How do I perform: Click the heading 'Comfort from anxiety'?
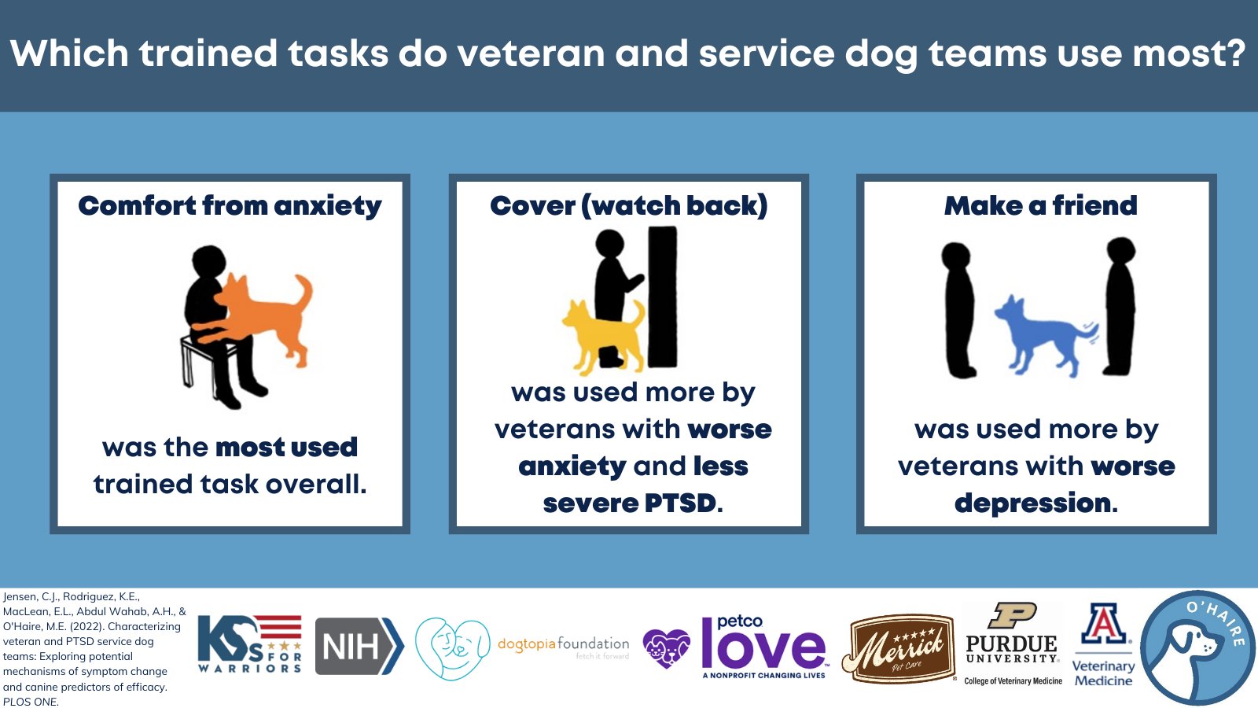(x=230, y=206)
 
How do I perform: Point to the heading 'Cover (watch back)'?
(x=628, y=206)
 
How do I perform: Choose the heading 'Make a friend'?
(x=1041, y=205)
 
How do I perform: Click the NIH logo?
(x=359, y=646)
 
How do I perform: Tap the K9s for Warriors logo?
(x=250, y=644)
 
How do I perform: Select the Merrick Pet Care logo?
(x=899, y=648)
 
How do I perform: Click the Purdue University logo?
(x=1013, y=644)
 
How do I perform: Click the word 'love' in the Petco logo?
(x=763, y=650)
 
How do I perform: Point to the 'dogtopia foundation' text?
(x=563, y=644)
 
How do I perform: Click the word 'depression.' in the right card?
(x=1036, y=503)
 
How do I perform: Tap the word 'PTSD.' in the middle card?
(x=683, y=503)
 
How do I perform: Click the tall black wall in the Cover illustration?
(x=663, y=297)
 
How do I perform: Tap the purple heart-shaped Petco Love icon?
(x=667, y=648)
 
